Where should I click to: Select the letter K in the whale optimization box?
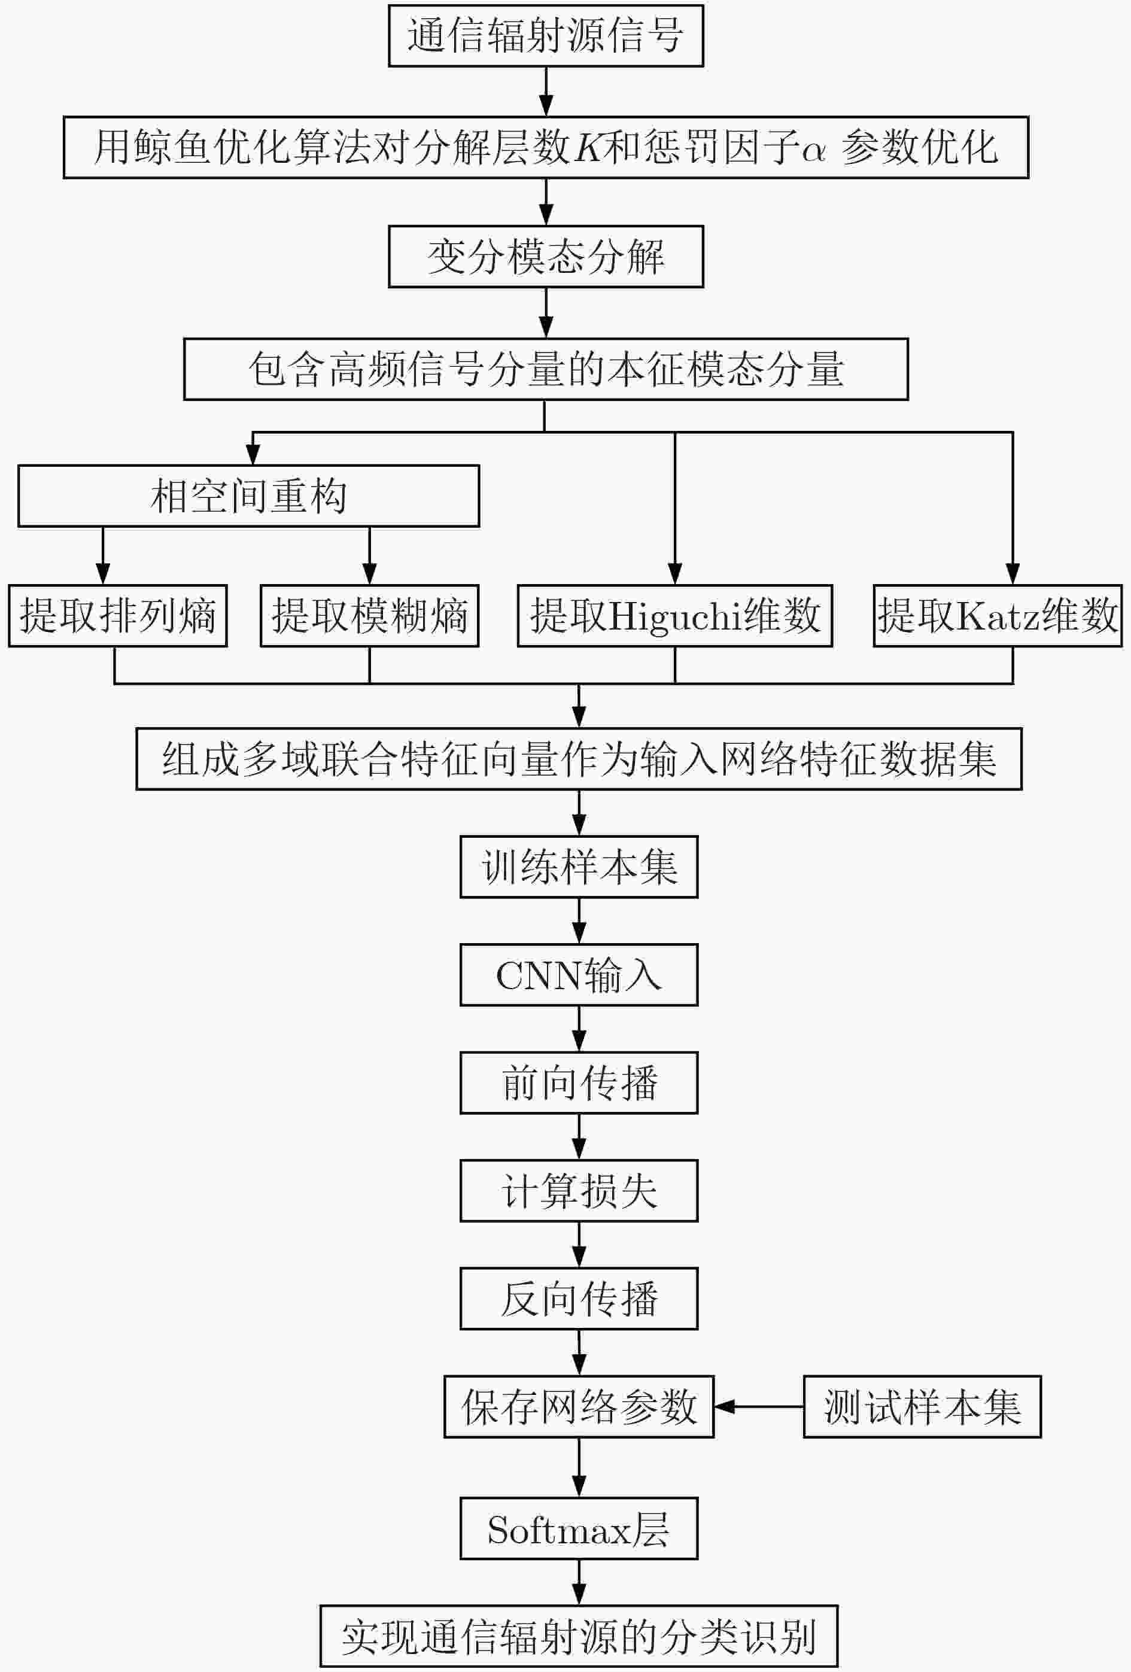point(588,147)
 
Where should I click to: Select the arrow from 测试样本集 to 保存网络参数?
point(759,1406)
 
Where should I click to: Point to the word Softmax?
point(559,1530)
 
